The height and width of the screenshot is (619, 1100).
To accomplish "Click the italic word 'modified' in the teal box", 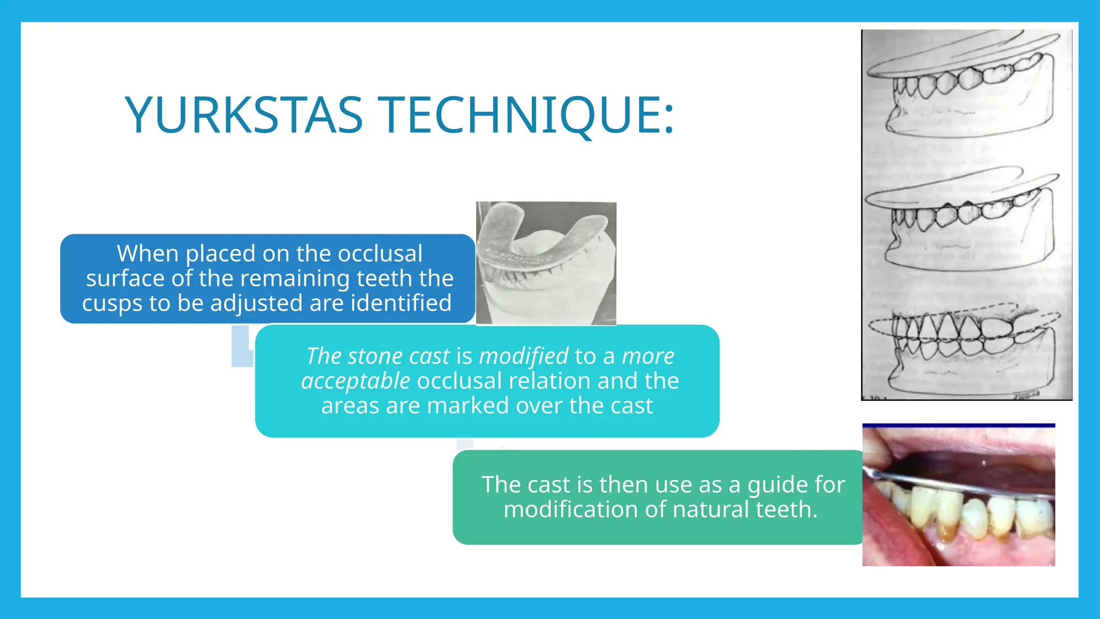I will click(x=524, y=356).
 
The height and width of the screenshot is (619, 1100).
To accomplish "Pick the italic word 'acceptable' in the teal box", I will click(x=356, y=380).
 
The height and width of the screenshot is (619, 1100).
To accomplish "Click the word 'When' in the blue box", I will click(x=148, y=254).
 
